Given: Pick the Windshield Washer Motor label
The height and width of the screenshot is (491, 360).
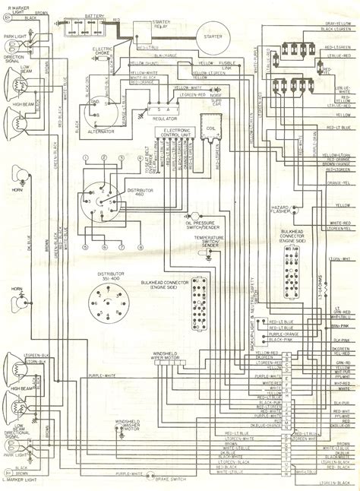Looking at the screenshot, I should point(128,423).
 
